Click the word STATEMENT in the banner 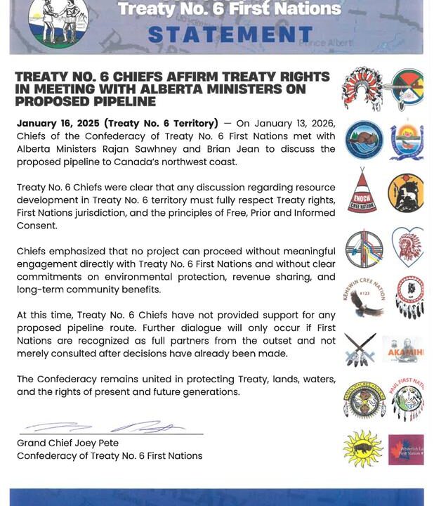click(x=230, y=34)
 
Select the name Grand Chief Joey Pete click(x=67, y=443)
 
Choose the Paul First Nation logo click(x=407, y=399)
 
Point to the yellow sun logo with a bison click(x=363, y=448)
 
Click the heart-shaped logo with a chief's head click(x=407, y=246)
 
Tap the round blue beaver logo click(x=364, y=139)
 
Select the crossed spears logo click(x=360, y=349)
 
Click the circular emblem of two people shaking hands click(x=59, y=21)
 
